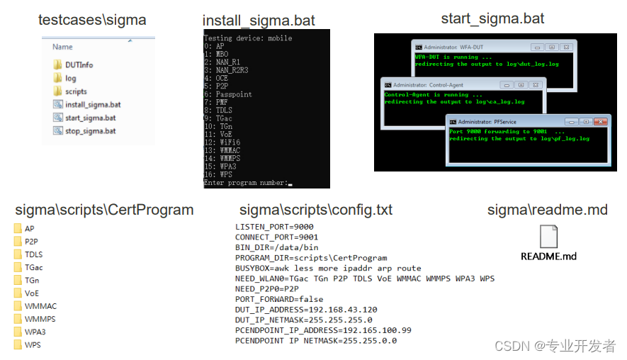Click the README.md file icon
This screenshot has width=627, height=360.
click(x=548, y=237)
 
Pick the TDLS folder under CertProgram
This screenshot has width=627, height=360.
click(x=33, y=254)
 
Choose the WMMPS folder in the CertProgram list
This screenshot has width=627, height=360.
click(x=40, y=319)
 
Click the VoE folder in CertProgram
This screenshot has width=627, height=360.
click(x=31, y=293)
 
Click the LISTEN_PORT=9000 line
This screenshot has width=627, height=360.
click(x=276, y=226)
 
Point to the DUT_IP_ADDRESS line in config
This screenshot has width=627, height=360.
click(x=306, y=310)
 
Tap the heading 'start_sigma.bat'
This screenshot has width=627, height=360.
click(x=492, y=18)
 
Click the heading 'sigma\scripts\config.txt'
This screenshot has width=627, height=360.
click(x=316, y=210)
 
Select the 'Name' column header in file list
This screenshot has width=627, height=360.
click(x=62, y=47)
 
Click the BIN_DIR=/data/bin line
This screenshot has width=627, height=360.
click(x=276, y=247)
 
